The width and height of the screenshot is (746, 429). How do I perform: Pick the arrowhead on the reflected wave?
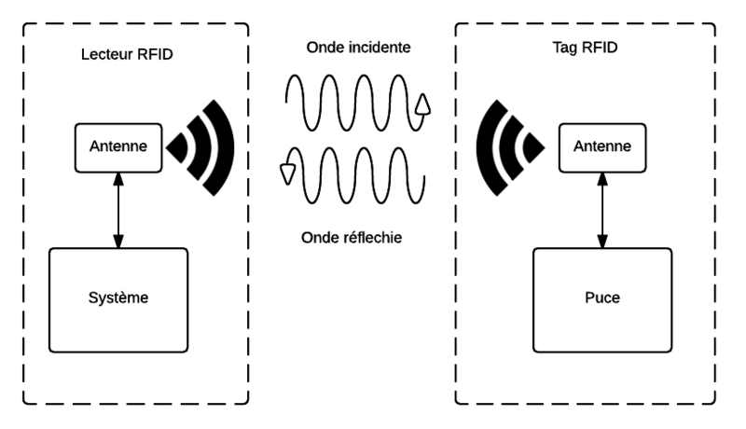point(287,172)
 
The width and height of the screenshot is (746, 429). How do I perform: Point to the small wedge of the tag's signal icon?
point(532,145)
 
